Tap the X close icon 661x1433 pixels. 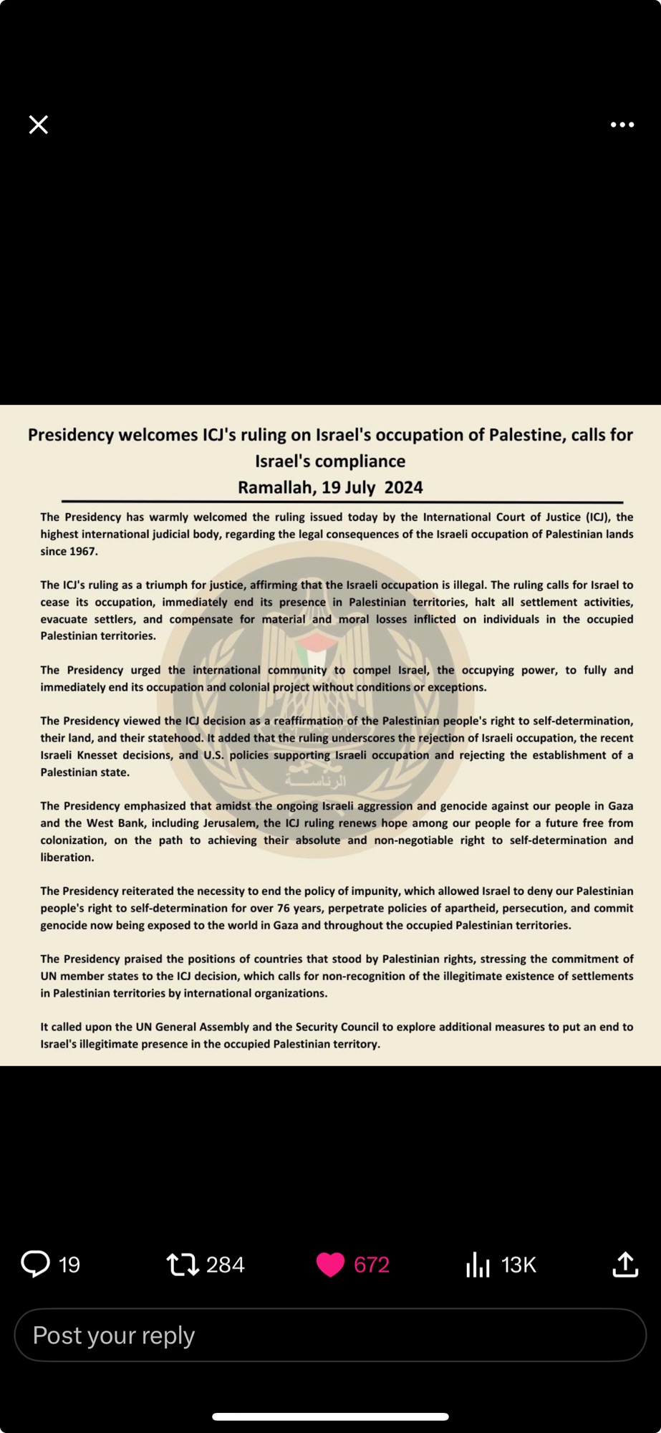(39, 125)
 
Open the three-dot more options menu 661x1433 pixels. (622, 125)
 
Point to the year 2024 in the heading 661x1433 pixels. (403, 488)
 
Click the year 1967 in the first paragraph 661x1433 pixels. (83, 552)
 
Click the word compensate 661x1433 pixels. (201, 619)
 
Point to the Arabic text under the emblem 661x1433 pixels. (315, 780)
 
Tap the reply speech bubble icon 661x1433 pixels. (35, 1265)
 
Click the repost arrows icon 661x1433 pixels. (183, 1265)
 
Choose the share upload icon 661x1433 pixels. (625, 1265)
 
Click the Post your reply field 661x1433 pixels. (330, 1336)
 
